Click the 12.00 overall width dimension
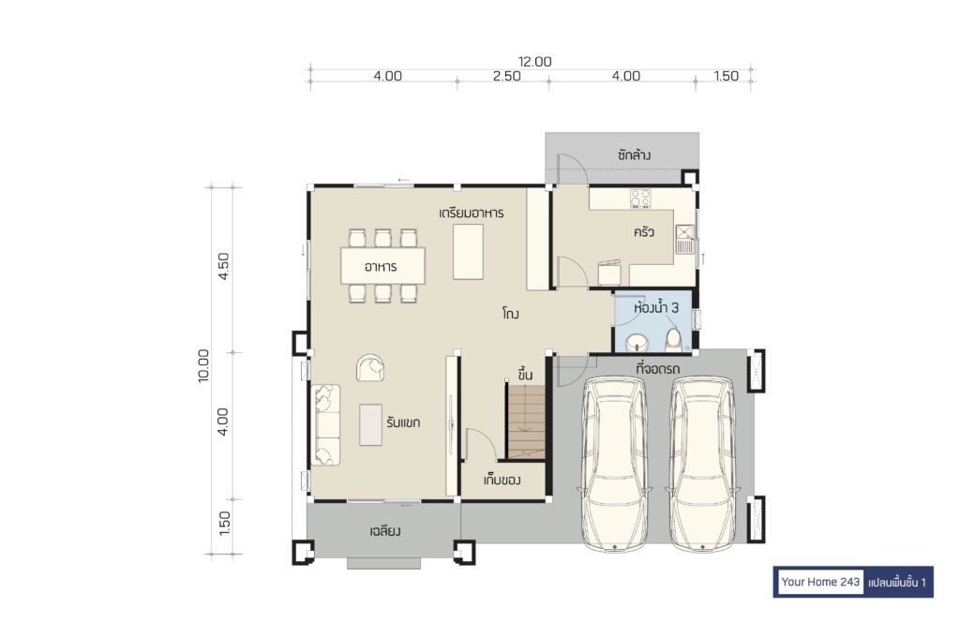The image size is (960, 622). (x=535, y=62)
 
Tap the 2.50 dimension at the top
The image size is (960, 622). (x=507, y=77)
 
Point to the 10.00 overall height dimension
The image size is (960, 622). (x=203, y=365)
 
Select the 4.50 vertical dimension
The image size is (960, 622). (x=223, y=266)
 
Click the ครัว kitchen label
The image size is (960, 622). (x=644, y=232)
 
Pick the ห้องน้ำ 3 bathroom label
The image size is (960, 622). (x=656, y=307)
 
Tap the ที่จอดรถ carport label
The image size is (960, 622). (x=657, y=369)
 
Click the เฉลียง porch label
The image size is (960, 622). (x=385, y=531)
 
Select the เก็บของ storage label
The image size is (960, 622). (x=502, y=481)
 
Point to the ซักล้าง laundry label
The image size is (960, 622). (x=634, y=155)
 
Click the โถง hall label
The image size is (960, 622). (x=511, y=315)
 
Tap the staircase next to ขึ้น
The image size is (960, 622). (x=525, y=422)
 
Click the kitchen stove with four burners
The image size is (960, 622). (x=640, y=199)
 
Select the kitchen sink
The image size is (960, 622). (x=684, y=239)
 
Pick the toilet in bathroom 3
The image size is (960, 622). (x=673, y=340)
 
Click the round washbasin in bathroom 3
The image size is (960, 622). (x=637, y=343)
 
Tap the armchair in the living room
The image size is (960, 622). (x=370, y=367)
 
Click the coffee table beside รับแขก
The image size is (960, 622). (x=370, y=424)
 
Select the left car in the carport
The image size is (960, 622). (x=614, y=465)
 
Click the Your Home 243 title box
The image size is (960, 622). (x=819, y=582)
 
